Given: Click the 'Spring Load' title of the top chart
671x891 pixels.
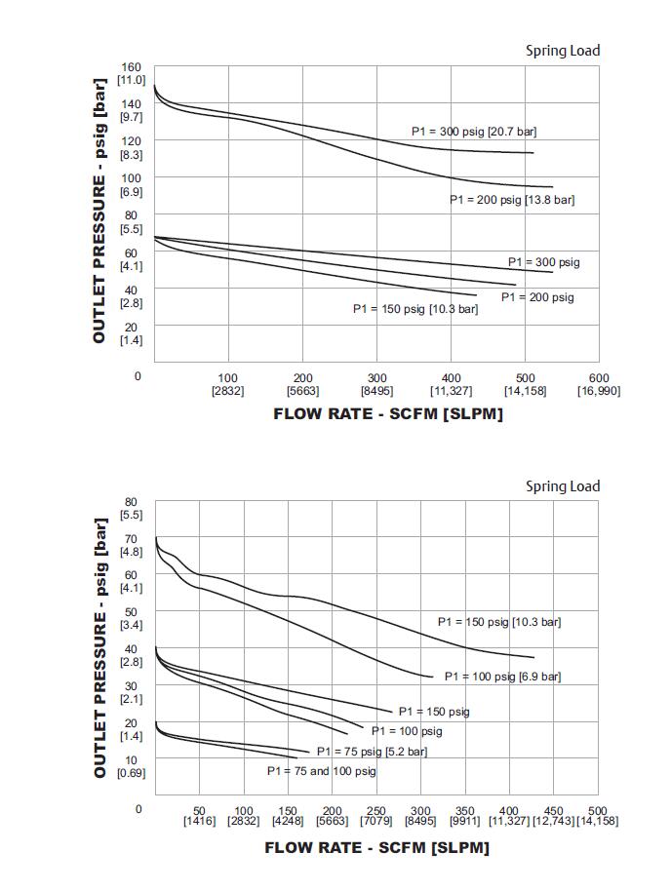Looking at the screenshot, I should [563, 51].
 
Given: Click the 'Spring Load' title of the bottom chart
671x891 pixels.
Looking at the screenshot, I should [563, 486].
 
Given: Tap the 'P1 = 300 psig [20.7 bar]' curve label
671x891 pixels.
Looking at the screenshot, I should [473, 132].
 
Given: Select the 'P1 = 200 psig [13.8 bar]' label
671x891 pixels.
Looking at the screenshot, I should [512, 200].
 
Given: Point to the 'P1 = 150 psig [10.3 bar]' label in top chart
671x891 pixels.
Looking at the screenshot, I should [415, 309].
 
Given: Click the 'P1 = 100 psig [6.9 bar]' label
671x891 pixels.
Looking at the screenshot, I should [502, 677].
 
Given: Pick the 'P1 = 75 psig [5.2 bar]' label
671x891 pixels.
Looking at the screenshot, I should [372, 752].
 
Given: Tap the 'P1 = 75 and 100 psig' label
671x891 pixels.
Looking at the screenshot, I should [322, 771].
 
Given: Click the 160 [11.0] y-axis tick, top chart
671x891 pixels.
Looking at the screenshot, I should [131, 73].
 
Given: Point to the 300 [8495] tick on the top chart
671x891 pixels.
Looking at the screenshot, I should [376, 384].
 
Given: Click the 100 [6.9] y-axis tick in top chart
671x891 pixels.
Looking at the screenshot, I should [131, 184].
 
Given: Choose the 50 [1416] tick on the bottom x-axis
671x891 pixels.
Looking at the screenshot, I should [198, 816].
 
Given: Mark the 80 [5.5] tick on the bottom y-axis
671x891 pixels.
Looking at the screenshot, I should [131, 507].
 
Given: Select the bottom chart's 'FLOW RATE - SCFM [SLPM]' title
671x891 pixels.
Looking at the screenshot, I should [376, 847].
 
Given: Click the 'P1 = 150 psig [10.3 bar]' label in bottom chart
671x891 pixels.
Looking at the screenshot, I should [499, 622].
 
